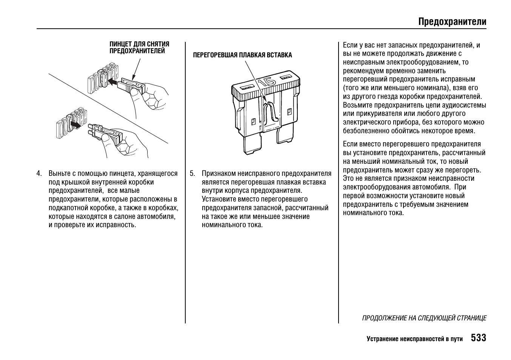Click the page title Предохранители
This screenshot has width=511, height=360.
tap(452, 22)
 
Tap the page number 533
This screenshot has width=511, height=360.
tap(478, 338)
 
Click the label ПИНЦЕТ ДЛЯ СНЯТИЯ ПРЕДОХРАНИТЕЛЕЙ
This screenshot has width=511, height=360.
tap(139, 48)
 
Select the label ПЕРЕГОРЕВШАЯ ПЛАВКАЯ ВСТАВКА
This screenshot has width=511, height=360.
tap(242, 55)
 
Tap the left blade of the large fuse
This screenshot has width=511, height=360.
tap(252, 145)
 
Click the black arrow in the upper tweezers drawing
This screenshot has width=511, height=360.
tap(112, 81)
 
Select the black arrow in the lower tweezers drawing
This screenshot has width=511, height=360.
tap(76, 124)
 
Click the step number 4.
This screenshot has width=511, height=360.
tap(39, 174)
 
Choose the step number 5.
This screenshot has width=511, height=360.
tap(192, 174)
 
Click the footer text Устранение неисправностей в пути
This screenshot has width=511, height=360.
tap(414, 339)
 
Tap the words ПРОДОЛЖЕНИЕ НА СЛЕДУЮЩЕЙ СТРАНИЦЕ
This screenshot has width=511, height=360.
tap(424, 318)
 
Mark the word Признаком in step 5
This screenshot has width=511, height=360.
tap(218, 174)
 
